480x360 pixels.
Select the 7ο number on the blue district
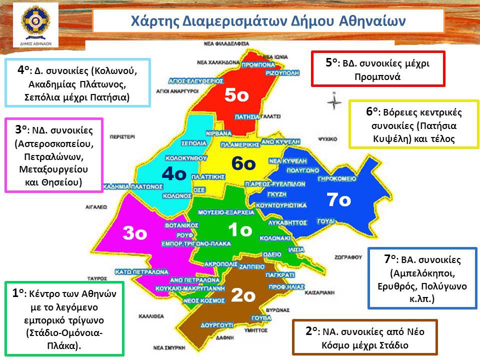pyautogui.click(x=339, y=199)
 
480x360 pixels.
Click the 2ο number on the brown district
pyautogui.click(x=243, y=295)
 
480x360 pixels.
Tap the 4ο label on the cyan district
pyautogui.click(x=174, y=174)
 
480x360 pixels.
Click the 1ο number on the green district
pyautogui.click(x=241, y=229)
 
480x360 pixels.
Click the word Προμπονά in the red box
pyautogui.click(x=377, y=77)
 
